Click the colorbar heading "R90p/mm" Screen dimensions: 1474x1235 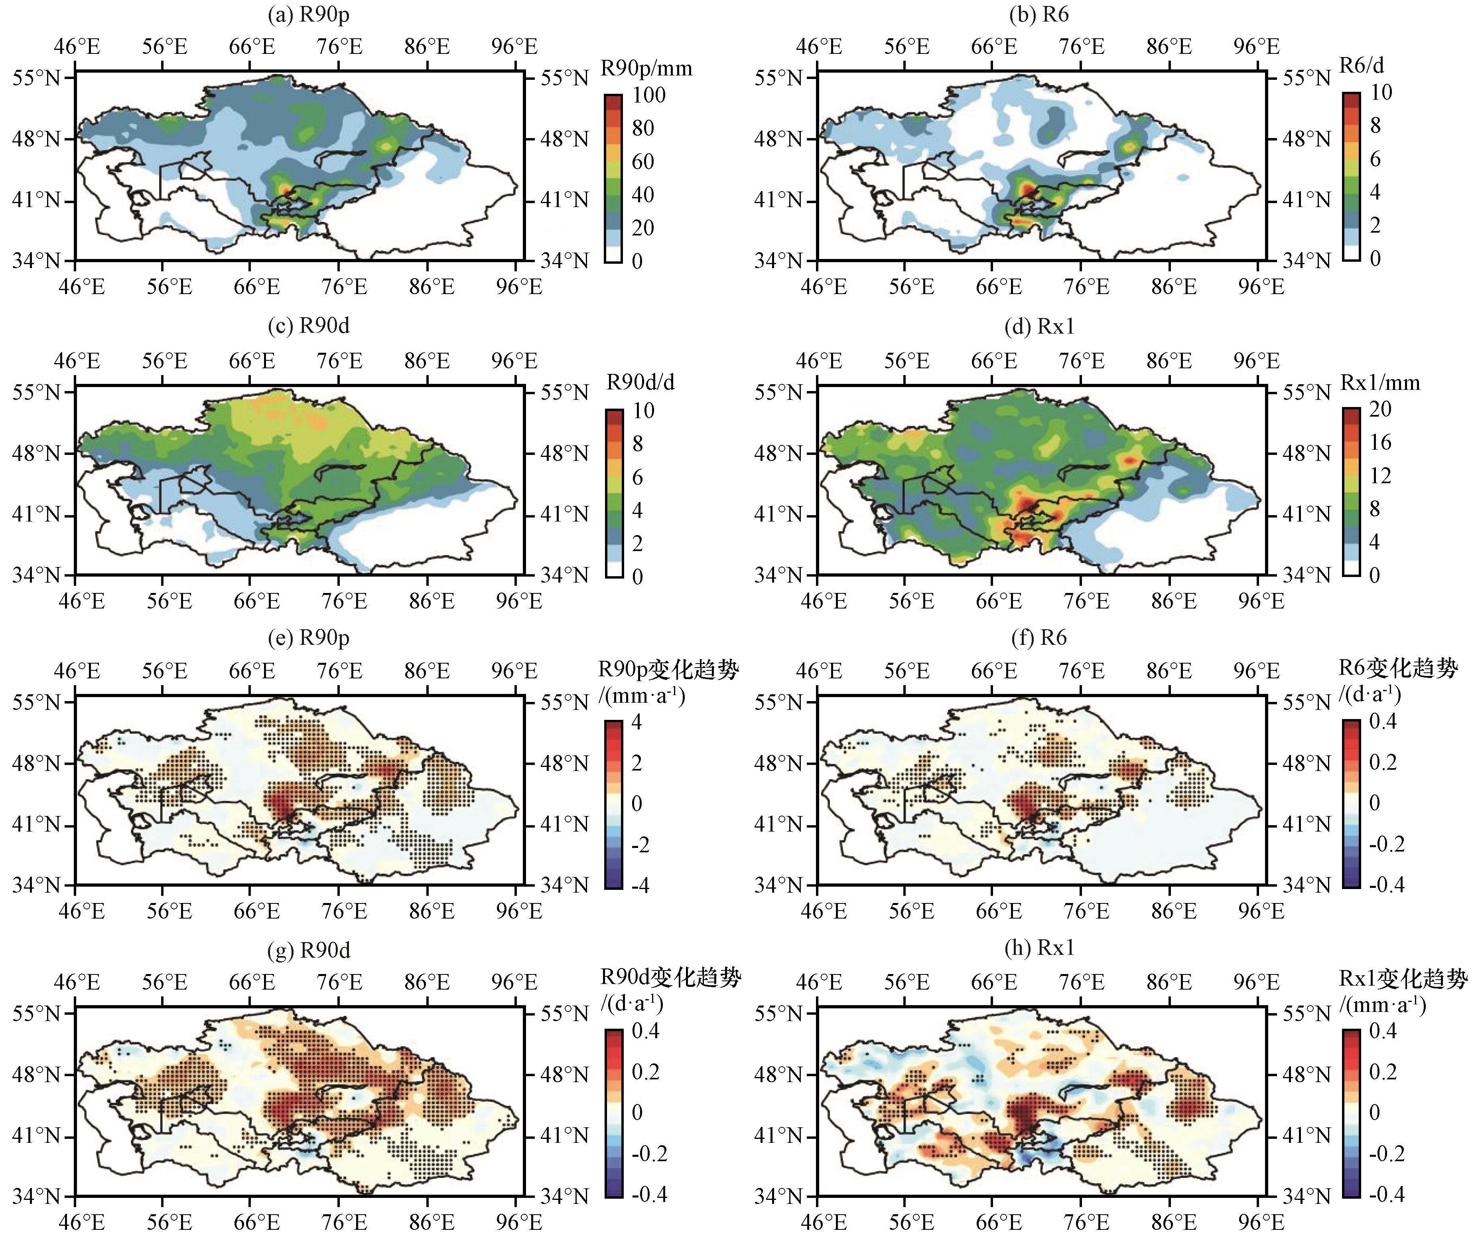coord(646,68)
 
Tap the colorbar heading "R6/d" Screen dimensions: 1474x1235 coord(1362,65)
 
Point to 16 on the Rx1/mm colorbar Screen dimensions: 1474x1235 coord(1380,442)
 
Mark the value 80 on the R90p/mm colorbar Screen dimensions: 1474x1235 coord(643,128)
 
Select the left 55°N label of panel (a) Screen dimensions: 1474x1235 coord(37,77)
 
